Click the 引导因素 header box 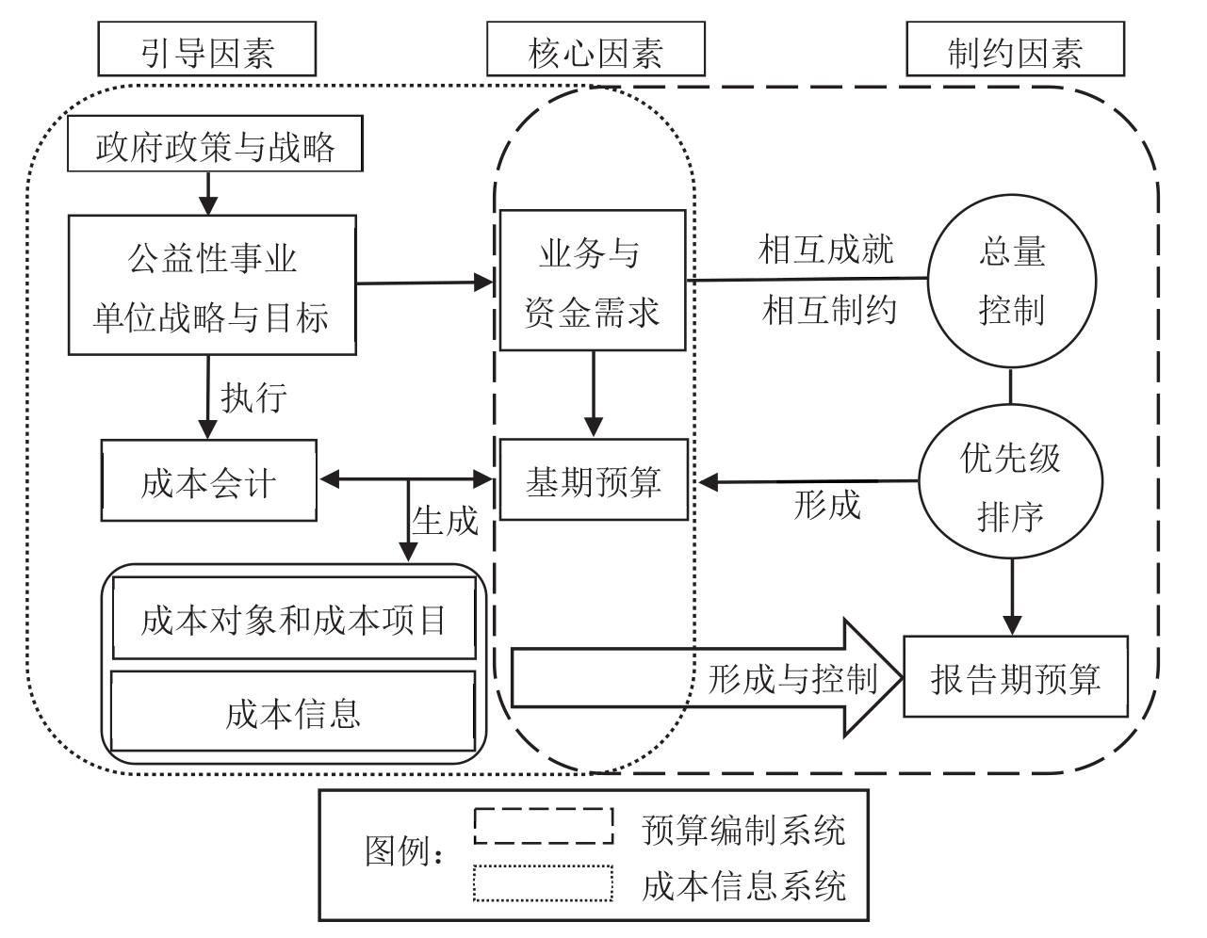206,49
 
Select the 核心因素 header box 595,49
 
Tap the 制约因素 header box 1015,49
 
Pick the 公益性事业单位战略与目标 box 212,285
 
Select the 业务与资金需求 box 593,281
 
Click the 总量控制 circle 1012,281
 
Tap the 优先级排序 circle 1011,486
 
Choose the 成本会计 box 209,481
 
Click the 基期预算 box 594,481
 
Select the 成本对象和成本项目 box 294,619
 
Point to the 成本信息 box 293,712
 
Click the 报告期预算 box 1016,677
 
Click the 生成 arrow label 445,519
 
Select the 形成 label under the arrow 827,506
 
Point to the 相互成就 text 826,251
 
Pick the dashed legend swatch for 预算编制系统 544,826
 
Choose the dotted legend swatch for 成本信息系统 544,882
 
